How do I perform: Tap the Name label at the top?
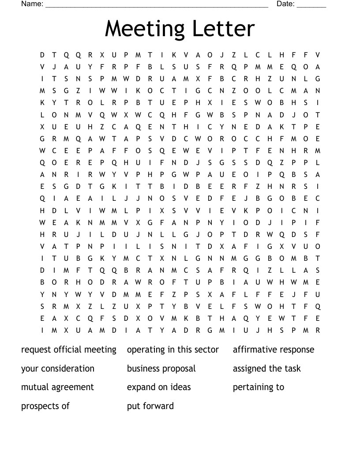coord(32,4)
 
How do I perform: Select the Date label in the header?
coord(285,4)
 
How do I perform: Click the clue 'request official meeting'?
coord(69,350)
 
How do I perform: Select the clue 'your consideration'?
coord(58,368)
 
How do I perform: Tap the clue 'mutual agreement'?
coord(57,387)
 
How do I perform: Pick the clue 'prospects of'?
coord(45,406)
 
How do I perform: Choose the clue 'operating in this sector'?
coord(173,350)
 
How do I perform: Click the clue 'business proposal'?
coord(161,368)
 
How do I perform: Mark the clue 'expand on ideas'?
coord(159,387)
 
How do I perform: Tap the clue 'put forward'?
coord(150,406)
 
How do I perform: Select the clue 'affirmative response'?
coord(274,350)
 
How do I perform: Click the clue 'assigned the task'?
coord(266,368)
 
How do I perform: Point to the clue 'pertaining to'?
coord(259,387)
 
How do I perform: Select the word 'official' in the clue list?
coord(69,350)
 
